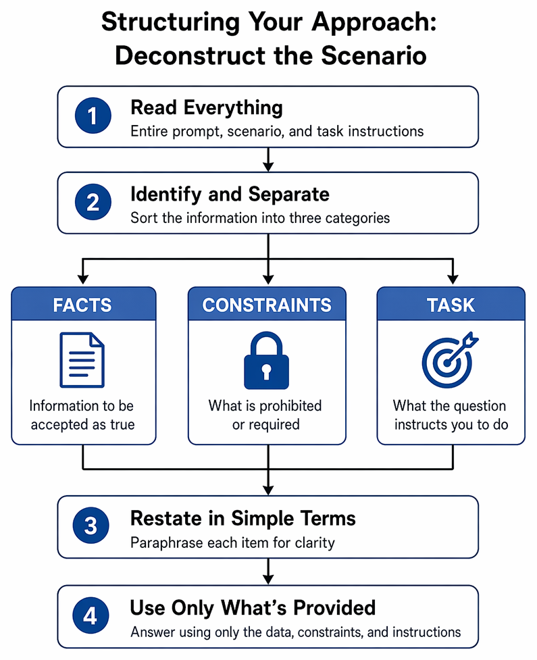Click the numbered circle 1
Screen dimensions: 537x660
pyautogui.click(x=93, y=116)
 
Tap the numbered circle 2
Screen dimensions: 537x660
pyautogui.click(x=93, y=202)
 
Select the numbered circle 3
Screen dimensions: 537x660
pyautogui.click(x=91, y=526)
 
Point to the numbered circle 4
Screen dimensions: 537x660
pyautogui.click(x=91, y=616)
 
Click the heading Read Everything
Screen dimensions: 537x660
pyautogui.click(x=207, y=108)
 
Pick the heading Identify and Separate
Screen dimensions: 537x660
pyautogui.click(x=230, y=195)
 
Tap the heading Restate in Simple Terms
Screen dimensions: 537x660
pyautogui.click(x=242, y=518)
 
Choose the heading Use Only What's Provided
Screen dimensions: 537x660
pyautogui.click(x=253, y=607)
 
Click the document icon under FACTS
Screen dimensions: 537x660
pyautogui.click(x=82, y=360)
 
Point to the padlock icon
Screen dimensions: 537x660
pyautogui.click(x=266, y=361)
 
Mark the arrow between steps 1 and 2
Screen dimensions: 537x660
pyautogui.click(x=268, y=159)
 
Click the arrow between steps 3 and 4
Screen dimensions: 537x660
pyautogui.click(x=268, y=572)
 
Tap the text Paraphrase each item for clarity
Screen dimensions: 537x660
pyautogui.click(x=232, y=542)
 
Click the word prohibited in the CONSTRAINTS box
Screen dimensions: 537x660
pyautogui.click(x=290, y=406)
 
